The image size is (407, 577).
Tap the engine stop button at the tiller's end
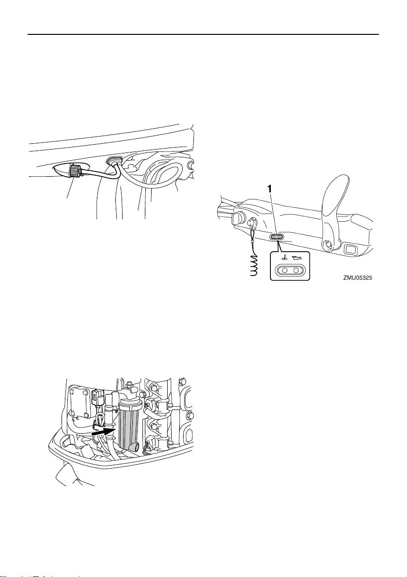(x=237, y=218)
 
